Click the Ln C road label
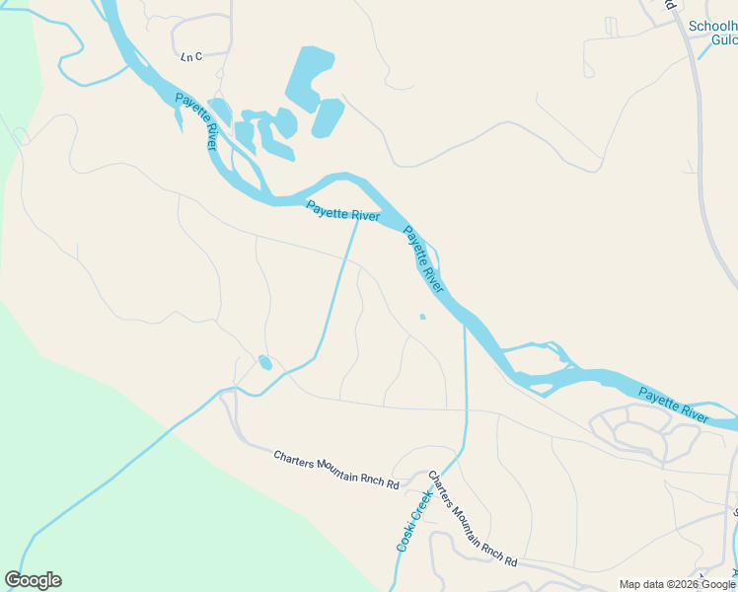click(191, 57)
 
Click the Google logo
click(33, 580)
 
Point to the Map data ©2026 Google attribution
click(677, 584)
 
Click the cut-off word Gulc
click(723, 40)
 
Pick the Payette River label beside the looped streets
click(673, 406)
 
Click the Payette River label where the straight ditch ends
click(342, 211)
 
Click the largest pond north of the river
click(309, 75)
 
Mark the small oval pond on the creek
click(264, 362)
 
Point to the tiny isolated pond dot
click(422, 317)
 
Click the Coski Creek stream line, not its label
click(465, 395)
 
